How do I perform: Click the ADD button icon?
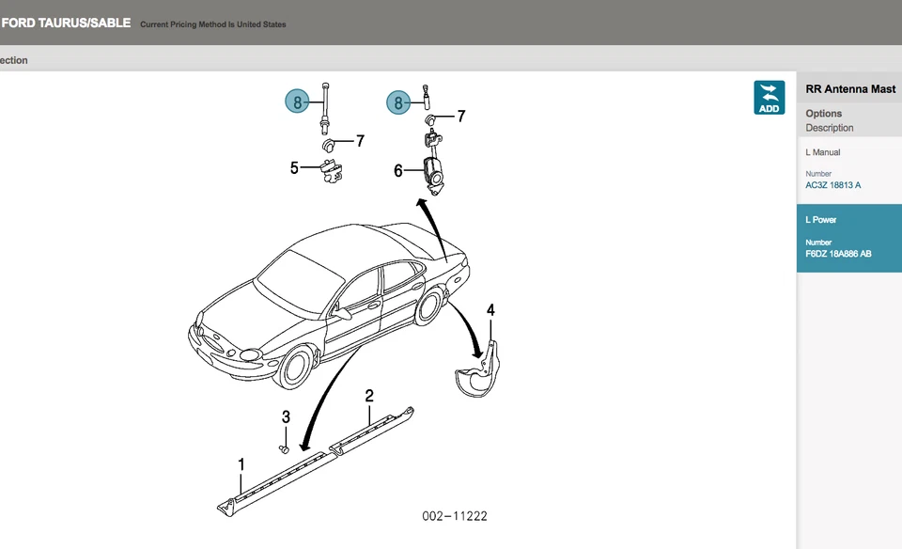click(x=769, y=98)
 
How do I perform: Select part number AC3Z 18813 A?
click(x=832, y=185)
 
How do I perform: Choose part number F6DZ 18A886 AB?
click(x=838, y=254)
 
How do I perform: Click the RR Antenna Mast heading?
click(x=844, y=90)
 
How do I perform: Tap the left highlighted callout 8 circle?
click(x=297, y=102)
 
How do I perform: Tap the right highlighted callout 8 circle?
click(x=398, y=102)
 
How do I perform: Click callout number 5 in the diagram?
click(x=294, y=168)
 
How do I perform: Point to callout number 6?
click(x=398, y=170)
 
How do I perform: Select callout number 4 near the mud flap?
click(x=490, y=310)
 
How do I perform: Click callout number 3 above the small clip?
click(x=286, y=417)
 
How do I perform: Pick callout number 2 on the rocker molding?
click(x=369, y=395)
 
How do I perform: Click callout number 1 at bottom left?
click(x=241, y=464)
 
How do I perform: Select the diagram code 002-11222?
click(x=455, y=516)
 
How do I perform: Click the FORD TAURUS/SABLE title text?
click(x=66, y=23)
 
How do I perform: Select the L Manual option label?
click(x=823, y=152)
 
